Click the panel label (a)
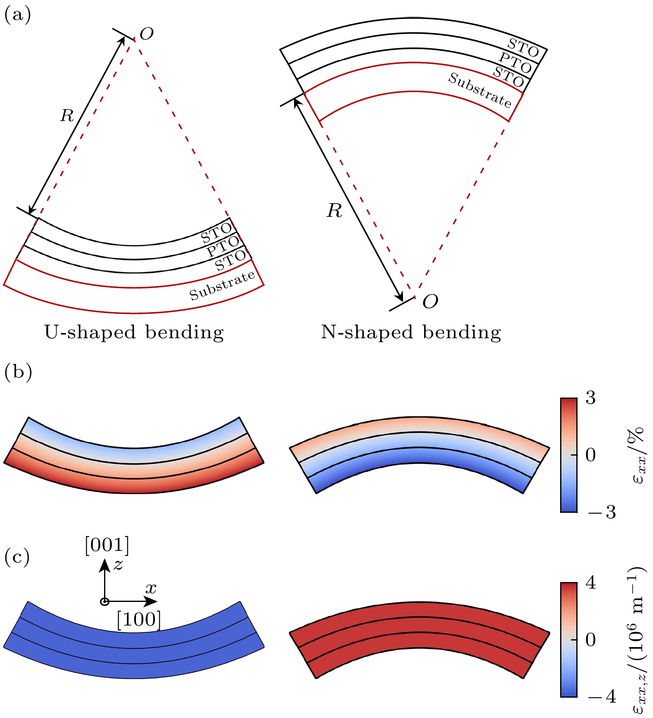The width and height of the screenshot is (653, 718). [x=17, y=15]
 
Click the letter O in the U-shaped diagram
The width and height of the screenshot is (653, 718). [x=147, y=34]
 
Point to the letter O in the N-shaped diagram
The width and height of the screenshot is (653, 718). [x=430, y=301]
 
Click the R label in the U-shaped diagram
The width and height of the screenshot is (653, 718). [x=67, y=115]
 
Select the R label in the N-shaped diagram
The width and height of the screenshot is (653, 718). [x=334, y=211]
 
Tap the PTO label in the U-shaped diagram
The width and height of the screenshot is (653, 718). [x=223, y=246]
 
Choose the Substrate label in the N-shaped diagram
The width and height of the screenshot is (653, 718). [x=480, y=90]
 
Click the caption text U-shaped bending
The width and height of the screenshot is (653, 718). [x=134, y=332]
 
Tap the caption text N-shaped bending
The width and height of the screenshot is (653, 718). [x=411, y=332]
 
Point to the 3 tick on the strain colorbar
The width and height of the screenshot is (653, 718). [x=590, y=398]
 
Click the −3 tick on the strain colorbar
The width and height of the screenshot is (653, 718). [x=602, y=512]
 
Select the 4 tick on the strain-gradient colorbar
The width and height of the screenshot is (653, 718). [x=590, y=583]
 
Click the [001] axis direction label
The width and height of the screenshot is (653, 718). [x=107, y=545]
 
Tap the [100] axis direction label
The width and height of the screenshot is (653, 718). [x=138, y=620]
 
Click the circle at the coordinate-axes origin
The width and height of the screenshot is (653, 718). [x=105, y=602]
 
